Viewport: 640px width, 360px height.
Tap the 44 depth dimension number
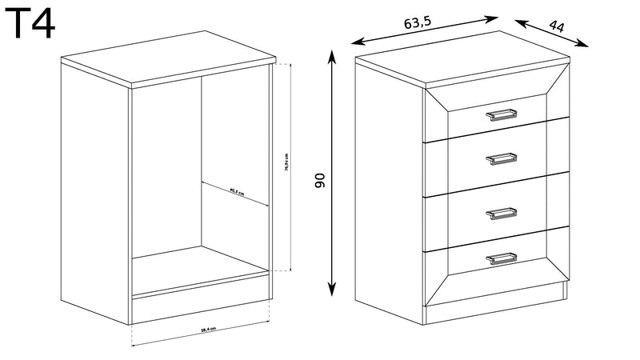557,28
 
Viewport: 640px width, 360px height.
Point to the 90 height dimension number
320,181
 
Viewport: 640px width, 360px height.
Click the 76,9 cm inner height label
286,163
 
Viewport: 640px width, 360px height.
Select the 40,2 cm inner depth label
235,191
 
